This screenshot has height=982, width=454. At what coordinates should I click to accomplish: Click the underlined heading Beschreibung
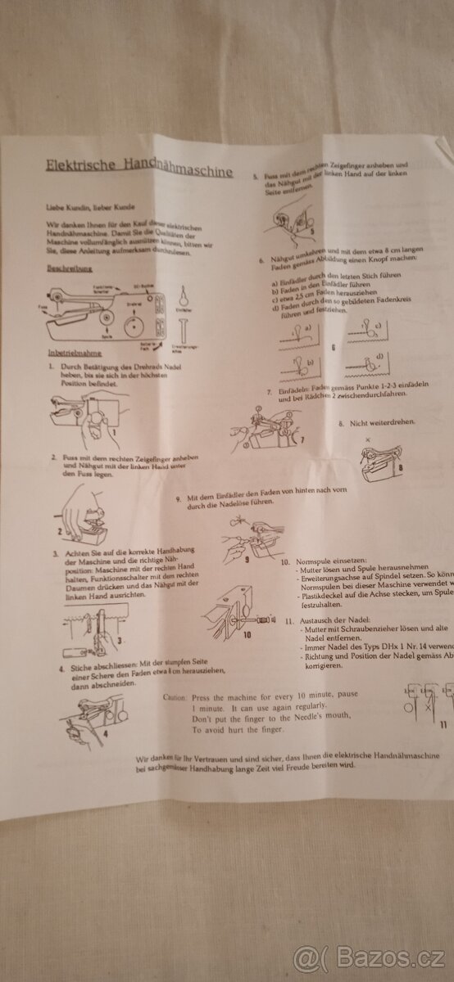pos(69,268)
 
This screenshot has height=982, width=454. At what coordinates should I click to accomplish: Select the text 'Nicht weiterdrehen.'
pos(388,423)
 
